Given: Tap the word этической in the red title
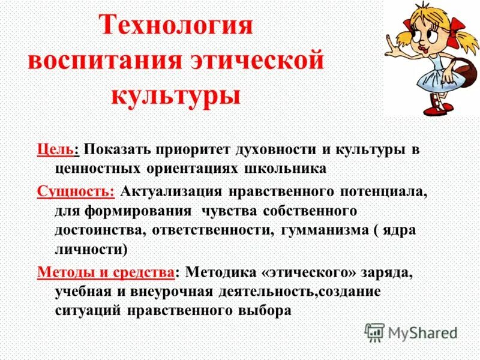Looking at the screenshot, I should point(259,61).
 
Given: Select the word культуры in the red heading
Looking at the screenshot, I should point(176,95).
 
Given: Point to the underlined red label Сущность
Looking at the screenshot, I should point(76,193).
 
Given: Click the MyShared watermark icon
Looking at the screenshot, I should point(375,332).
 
